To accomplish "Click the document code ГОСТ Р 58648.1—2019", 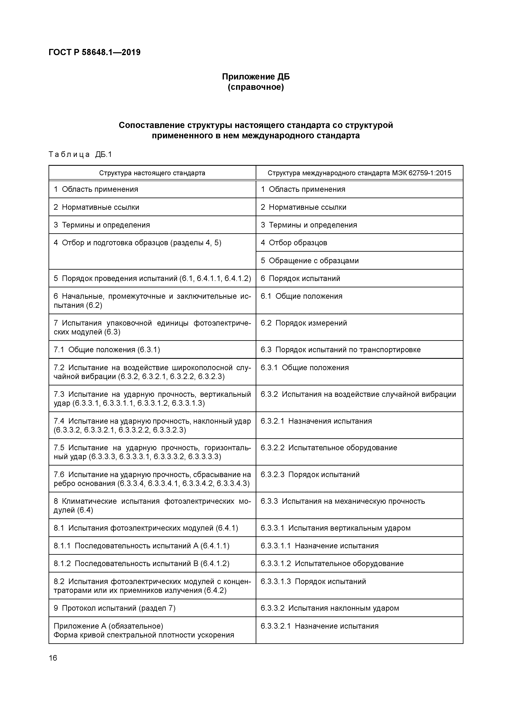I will click(x=95, y=52).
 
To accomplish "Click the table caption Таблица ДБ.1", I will click(x=80, y=154).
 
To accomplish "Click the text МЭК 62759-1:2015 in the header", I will click(x=422, y=173).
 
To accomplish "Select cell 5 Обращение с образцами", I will click(x=310, y=261).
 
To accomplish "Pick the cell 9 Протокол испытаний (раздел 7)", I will click(x=114, y=608).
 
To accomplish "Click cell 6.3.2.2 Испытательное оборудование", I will click(x=329, y=448).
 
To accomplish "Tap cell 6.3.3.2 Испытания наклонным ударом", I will click(x=330, y=608).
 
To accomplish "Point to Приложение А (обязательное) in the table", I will click(x=108, y=626).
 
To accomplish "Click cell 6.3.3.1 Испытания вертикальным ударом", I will click(x=336, y=528).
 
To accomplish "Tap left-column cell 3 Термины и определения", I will click(x=102, y=225).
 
